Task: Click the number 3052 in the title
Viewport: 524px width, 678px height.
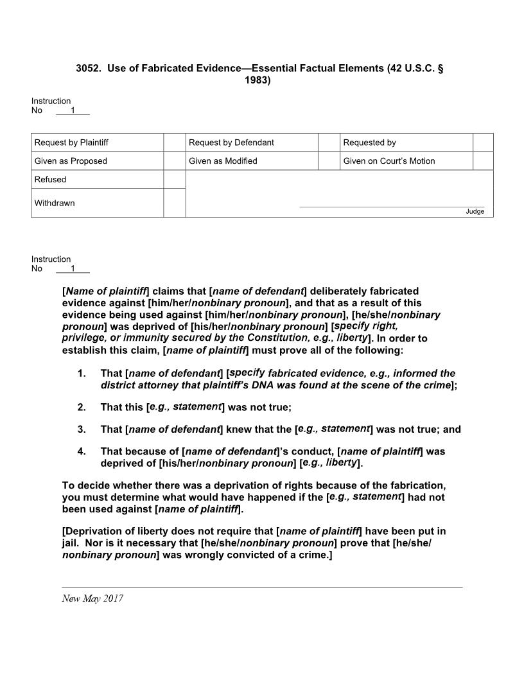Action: (89, 68)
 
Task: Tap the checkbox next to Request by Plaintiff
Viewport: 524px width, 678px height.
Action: (174, 143)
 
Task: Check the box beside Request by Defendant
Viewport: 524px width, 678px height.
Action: (329, 143)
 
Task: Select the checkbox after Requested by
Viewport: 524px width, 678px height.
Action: (483, 143)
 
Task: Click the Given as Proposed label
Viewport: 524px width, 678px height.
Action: (71, 161)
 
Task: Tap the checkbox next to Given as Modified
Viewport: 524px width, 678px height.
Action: (329, 161)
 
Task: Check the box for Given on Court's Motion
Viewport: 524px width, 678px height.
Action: (483, 161)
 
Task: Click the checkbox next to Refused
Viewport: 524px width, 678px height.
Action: (174, 180)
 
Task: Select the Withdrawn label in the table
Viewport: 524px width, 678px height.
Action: (55, 204)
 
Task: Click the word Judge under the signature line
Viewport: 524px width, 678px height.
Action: (475, 212)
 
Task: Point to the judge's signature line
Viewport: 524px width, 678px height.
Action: (392, 207)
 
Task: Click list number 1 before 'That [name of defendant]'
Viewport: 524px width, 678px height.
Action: (82, 374)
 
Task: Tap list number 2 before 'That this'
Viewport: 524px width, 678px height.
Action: (82, 407)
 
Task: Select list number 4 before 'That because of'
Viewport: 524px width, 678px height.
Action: (82, 451)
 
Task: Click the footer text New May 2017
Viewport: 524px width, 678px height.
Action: (92, 598)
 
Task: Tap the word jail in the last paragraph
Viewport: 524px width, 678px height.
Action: (71, 543)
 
